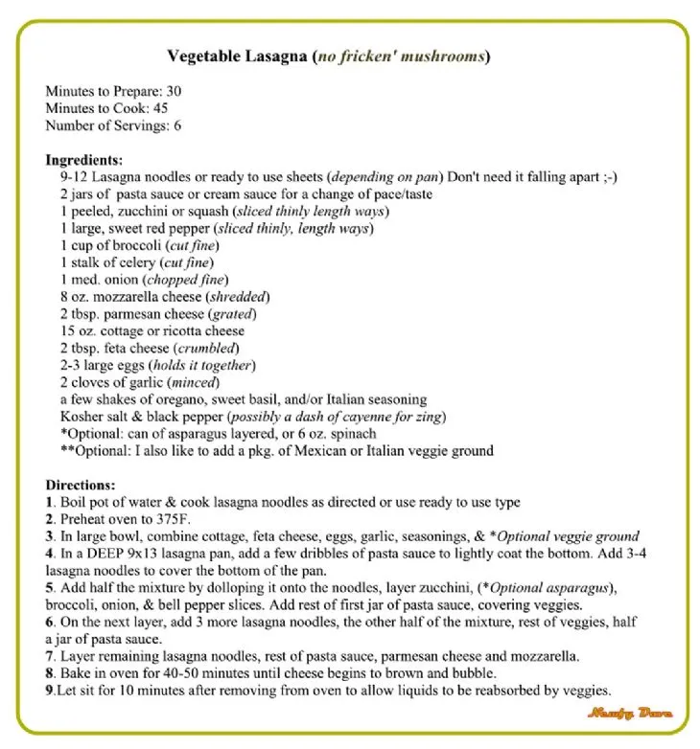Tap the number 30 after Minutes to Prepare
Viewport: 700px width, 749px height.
coord(174,91)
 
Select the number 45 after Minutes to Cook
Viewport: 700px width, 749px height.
coord(160,108)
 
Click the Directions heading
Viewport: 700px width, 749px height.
coord(81,486)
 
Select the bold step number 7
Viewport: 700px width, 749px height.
coord(50,657)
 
